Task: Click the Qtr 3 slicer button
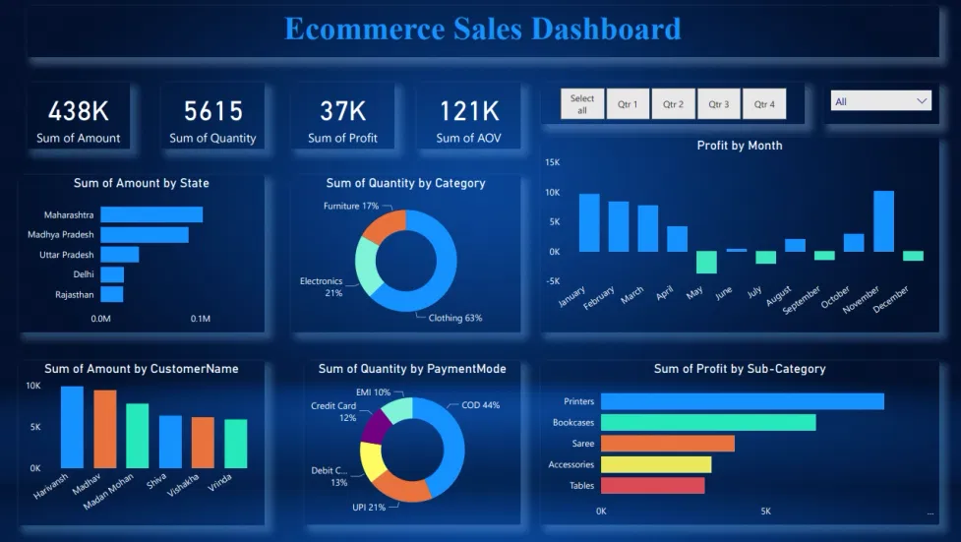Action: click(719, 104)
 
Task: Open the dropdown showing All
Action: click(880, 101)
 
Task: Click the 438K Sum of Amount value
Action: click(78, 111)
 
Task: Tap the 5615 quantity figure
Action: click(212, 111)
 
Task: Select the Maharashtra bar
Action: click(150, 214)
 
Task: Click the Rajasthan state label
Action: click(75, 294)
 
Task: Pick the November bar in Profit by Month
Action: click(883, 221)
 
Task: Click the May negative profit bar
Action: click(706, 262)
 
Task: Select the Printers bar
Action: click(742, 401)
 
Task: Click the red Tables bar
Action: click(652, 485)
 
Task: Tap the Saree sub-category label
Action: click(582, 444)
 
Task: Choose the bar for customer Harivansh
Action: click(72, 427)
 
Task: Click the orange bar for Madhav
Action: click(105, 429)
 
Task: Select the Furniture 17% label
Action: click(351, 206)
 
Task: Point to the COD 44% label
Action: click(480, 405)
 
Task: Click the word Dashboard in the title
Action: click(606, 29)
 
